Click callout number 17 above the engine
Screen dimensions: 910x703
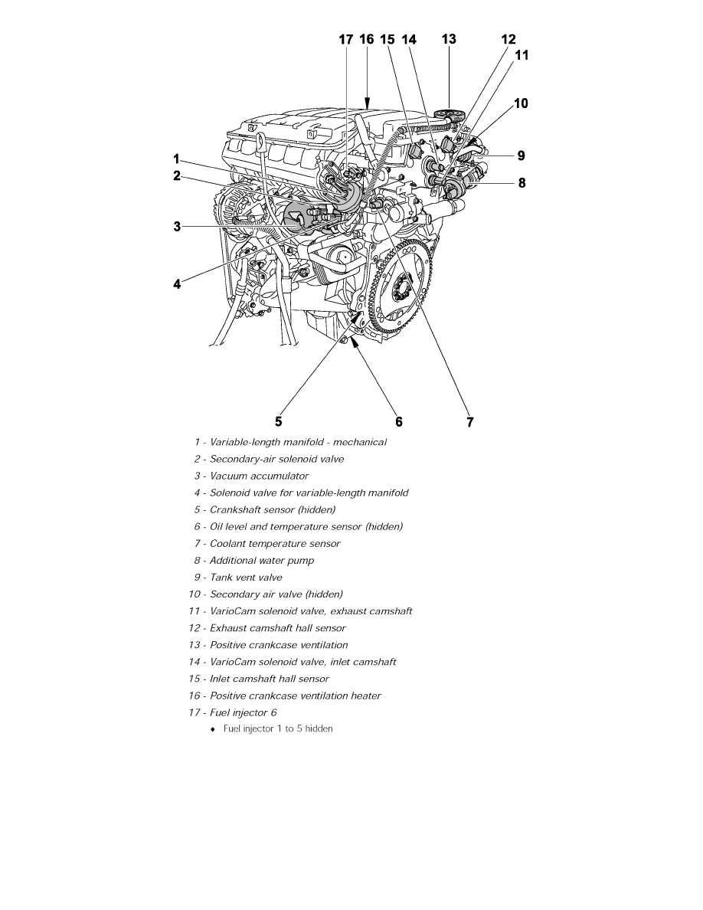(346, 39)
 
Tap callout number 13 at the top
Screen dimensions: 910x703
(449, 39)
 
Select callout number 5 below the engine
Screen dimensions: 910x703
(279, 421)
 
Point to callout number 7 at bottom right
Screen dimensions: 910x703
(470, 421)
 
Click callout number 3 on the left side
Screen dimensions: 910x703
(177, 226)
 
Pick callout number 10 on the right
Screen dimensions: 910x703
(521, 103)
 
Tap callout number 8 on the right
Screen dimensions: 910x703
(522, 183)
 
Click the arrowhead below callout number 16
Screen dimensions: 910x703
(368, 102)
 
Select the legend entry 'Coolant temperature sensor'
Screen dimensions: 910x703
(275, 543)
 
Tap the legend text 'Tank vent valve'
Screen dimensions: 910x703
(246, 577)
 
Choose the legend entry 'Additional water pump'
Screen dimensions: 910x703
(262, 560)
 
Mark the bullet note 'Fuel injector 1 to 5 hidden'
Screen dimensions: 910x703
(278, 728)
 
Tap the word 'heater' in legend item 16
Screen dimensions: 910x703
(365, 696)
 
